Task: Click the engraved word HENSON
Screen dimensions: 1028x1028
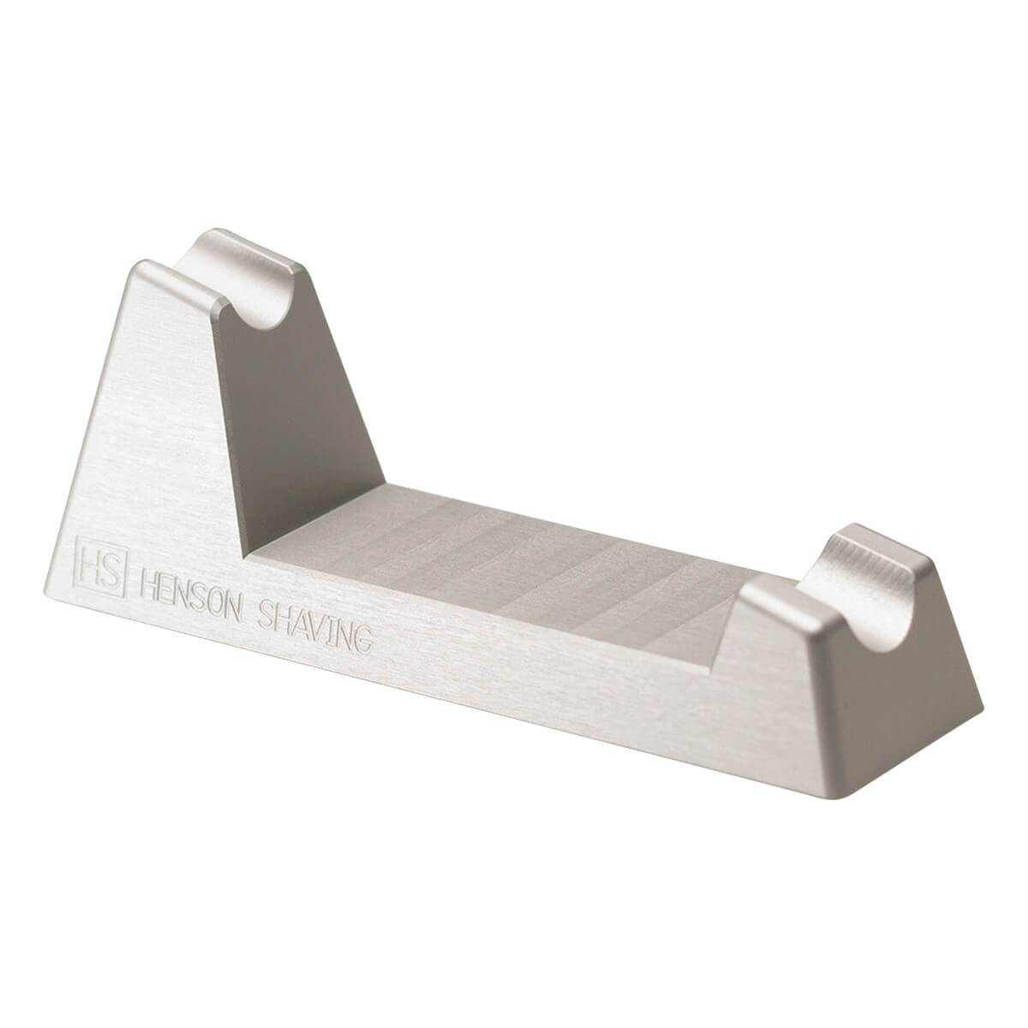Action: pyautogui.click(x=190, y=595)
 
